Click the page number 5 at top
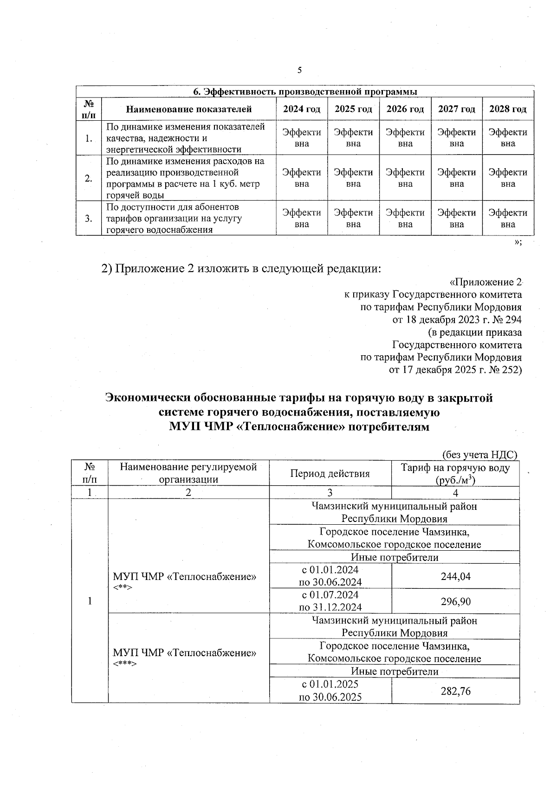tap(299, 70)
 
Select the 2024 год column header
tap(302, 109)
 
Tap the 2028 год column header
tap(508, 109)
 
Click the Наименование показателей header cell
tap(189, 109)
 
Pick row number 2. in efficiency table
tap(89, 178)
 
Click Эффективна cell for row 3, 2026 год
tap(405, 218)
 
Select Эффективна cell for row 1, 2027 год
tap(457, 138)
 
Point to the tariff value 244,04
tap(455, 576)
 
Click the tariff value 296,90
tap(455, 601)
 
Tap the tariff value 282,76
tap(455, 691)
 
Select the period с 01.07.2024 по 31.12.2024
tap(330, 601)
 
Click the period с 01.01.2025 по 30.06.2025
tap(330, 690)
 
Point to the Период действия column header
tap(330, 473)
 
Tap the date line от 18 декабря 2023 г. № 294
tap(457, 319)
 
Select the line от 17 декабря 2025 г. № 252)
tap(455, 370)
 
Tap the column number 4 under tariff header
tap(455, 493)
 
